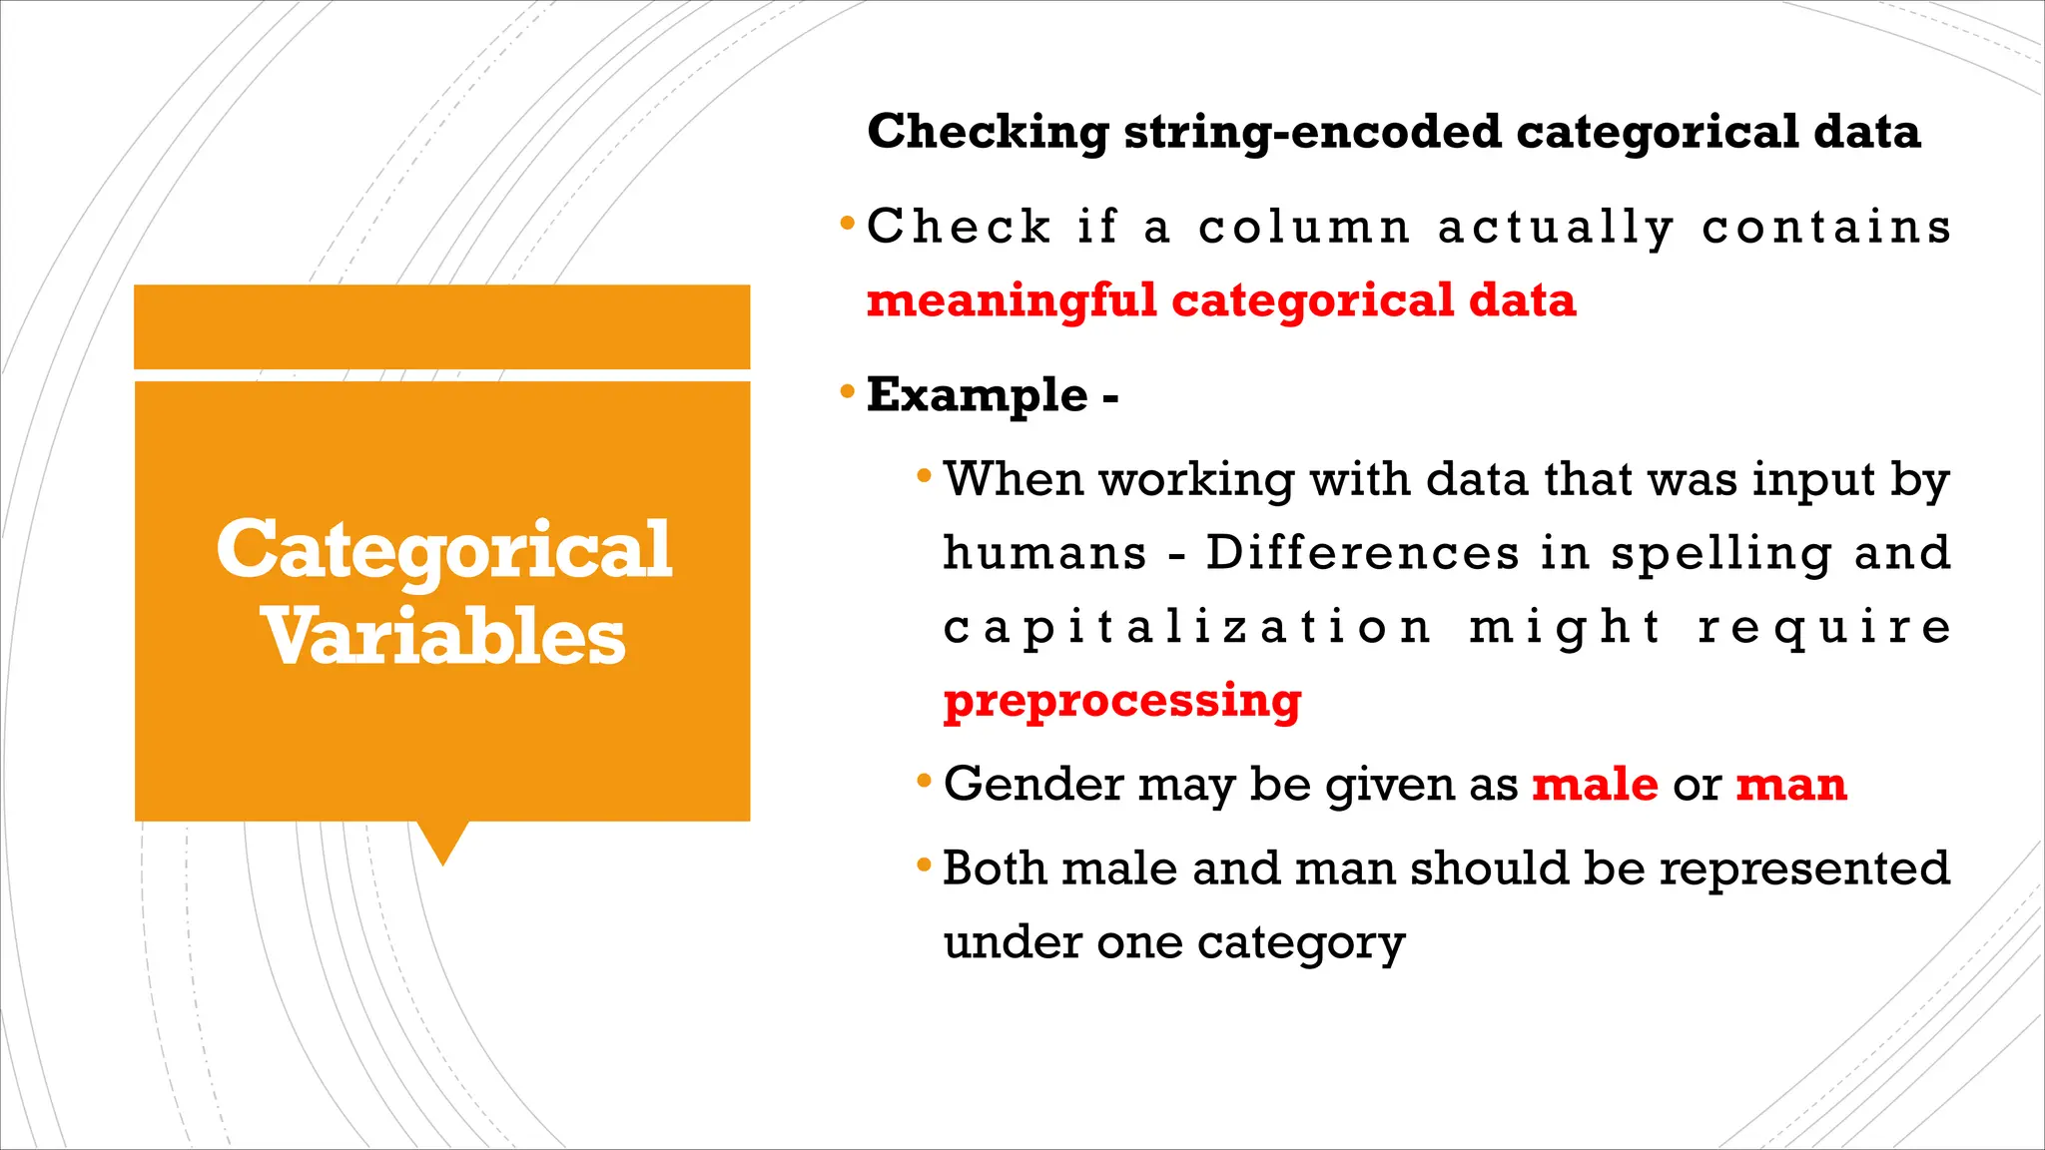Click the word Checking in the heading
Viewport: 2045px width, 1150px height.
click(988, 132)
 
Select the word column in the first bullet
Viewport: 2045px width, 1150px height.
click(1304, 228)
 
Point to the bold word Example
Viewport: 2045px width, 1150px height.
click(977, 395)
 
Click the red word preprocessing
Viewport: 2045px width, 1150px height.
click(1122, 701)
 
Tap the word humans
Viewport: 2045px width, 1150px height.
click(1044, 554)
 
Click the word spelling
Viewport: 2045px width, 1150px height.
click(1721, 554)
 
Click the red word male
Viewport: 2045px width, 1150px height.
click(1595, 784)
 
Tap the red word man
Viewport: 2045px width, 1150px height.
click(1791, 784)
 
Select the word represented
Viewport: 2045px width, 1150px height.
click(1804, 867)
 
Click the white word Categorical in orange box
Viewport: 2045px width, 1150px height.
click(443, 550)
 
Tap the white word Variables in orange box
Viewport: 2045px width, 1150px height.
click(443, 637)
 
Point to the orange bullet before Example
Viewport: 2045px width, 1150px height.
click(848, 391)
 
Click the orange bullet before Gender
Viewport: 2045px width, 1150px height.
click(925, 780)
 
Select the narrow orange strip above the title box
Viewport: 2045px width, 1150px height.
click(441, 326)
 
